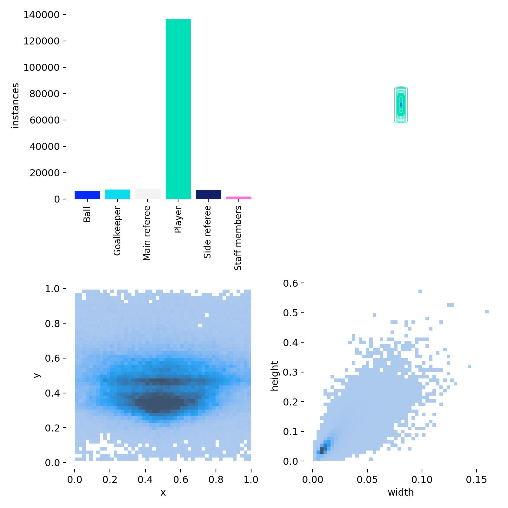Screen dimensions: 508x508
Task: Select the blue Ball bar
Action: (x=87, y=195)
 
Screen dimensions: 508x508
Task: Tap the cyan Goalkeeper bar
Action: (x=117, y=194)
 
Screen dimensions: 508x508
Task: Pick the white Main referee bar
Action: (x=148, y=194)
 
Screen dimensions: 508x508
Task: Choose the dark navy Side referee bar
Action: (x=208, y=194)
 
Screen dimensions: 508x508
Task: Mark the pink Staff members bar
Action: (x=238, y=198)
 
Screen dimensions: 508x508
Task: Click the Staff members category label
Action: (x=238, y=238)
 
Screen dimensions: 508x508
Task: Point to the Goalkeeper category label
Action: (x=117, y=231)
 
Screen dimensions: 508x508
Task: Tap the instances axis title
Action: (x=15, y=105)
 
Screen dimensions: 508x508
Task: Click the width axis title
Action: (x=401, y=492)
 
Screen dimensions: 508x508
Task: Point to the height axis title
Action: (x=275, y=376)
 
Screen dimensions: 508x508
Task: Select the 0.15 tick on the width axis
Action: (x=477, y=480)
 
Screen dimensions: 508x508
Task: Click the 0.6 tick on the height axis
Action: (x=291, y=283)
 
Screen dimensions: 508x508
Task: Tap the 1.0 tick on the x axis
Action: (x=251, y=480)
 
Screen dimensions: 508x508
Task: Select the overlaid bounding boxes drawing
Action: (x=401, y=104)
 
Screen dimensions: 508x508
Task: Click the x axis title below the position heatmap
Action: (x=163, y=492)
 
